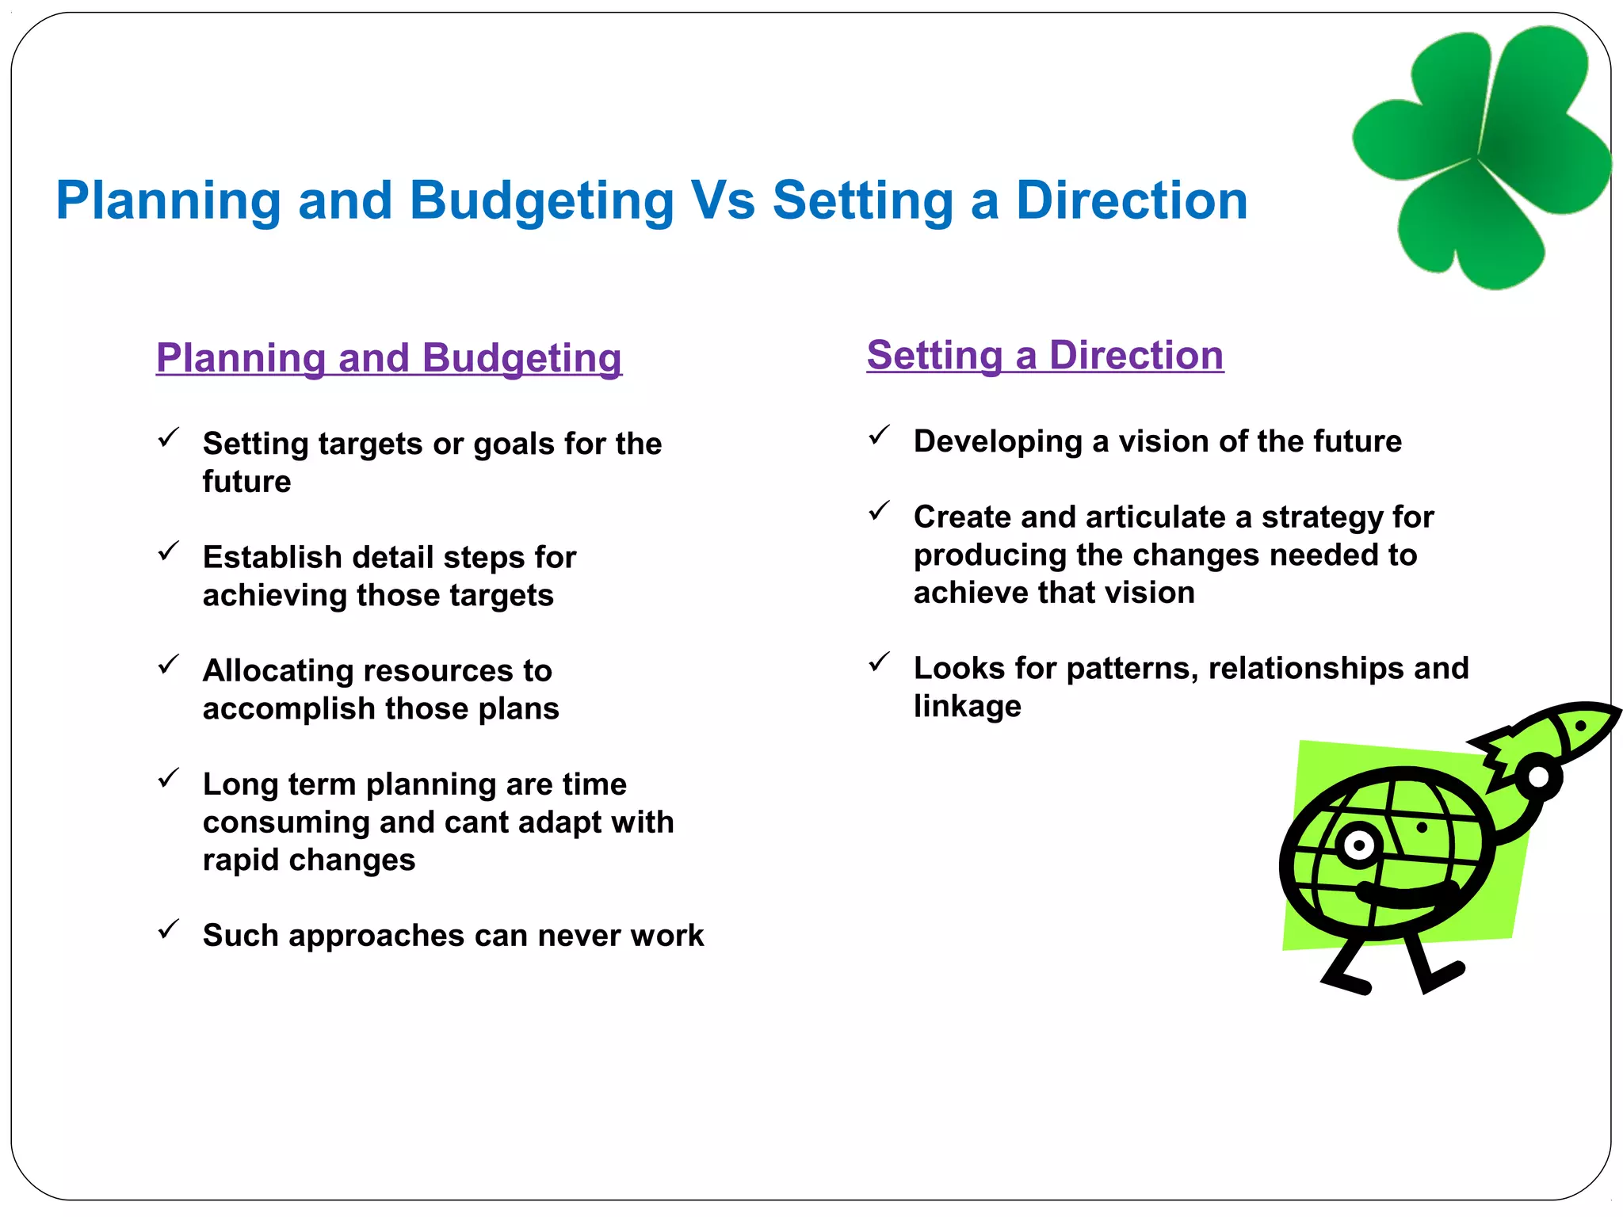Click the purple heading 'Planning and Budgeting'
tap(388, 357)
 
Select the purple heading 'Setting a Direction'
tap(1044, 355)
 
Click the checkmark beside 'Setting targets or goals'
tap(168, 437)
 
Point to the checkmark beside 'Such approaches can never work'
tap(168, 929)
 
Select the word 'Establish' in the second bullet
tap(271, 557)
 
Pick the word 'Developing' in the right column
tap(997, 441)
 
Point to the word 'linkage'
tap(967, 706)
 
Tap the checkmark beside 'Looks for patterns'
tap(879, 662)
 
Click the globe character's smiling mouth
tap(1407, 895)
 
